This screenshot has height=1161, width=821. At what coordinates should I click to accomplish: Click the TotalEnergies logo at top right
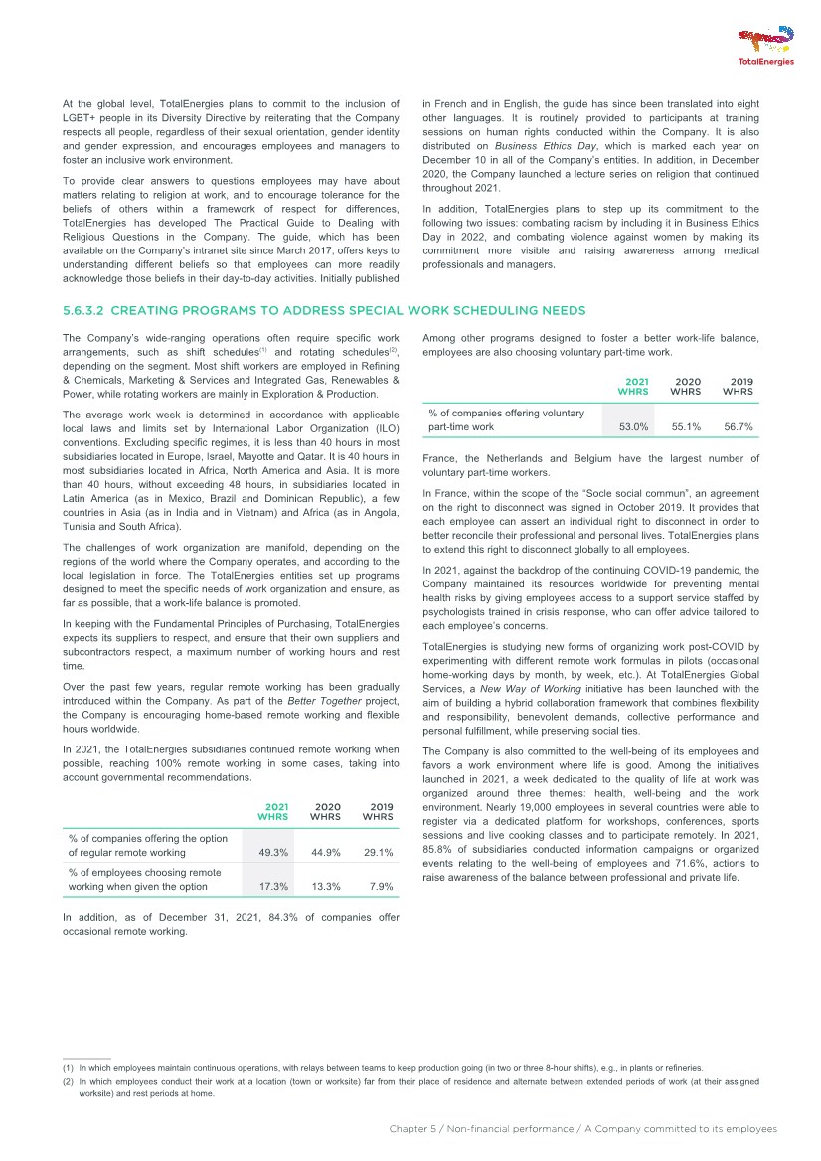click(x=765, y=47)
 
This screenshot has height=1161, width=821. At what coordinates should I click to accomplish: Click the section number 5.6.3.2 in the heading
click(x=85, y=311)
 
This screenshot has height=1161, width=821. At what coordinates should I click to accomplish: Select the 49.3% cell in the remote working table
click(x=273, y=852)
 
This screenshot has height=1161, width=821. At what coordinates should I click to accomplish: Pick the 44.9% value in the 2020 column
click(x=326, y=852)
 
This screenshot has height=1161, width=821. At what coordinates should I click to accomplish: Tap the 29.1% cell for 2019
click(x=378, y=852)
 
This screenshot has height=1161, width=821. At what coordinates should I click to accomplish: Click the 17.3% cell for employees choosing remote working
click(x=273, y=886)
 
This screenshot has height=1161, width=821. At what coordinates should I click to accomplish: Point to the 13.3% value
click(x=326, y=886)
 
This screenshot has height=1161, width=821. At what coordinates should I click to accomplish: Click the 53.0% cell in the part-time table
click(x=633, y=427)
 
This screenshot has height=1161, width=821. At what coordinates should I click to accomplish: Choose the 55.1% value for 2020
click(x=686, y=427)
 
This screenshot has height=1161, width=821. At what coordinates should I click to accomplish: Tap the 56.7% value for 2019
click(x=738, y=427)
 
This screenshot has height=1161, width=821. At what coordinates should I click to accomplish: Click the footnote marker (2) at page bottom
click(x=68, y=1080)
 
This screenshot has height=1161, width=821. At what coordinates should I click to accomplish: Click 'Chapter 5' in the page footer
click(x=413, y=1129)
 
